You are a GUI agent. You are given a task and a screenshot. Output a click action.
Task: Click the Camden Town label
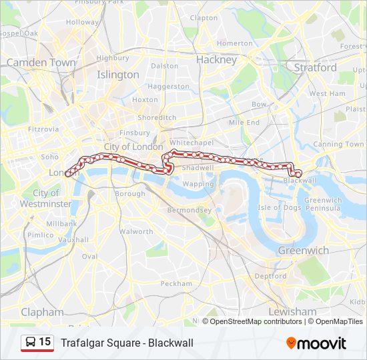pyautogui.click(x=41, y=63)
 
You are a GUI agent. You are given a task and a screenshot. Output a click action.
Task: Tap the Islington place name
pyautogui.click(x=118, y=75)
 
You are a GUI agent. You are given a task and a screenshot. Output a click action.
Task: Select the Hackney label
pyautogui.click(x=216, y=59)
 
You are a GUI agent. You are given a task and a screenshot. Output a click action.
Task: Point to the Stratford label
pyautogui.click(x=315, y=67)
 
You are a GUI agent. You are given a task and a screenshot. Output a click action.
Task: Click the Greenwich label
pyautogui.click(x=303, y=251)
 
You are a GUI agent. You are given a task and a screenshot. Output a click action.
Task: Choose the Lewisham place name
pyautogui.click(x=292, y=312)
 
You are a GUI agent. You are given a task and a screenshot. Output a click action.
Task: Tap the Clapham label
pyautogui.click(x=42, y=312)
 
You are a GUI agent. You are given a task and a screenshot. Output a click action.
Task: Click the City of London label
pyautogui.click(x=133, y=147)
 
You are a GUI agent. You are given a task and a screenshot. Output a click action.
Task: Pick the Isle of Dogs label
pyautogui.click(x=280, y=207)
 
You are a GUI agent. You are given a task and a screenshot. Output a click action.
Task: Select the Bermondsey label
pyautogui.click(x=190, y=210)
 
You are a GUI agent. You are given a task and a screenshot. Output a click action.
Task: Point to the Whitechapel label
pyautogui.click(x=192, y=143)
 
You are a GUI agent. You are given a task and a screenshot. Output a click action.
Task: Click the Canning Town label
pyautogui.click(x=338, y=144)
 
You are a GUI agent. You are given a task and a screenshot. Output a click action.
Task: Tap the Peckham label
pyautogui.click(x=176, y=283)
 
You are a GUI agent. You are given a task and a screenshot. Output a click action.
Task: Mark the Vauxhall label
pyautogui.click(x=73, y=239)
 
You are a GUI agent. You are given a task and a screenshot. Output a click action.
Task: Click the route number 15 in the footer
pyautogui.click(x=45, y=342)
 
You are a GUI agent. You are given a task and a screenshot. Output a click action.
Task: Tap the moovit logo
pyautogui.click(x=316, y=343)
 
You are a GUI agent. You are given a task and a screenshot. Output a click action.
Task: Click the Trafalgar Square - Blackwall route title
pyautogui.click(x=127, y=343)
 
